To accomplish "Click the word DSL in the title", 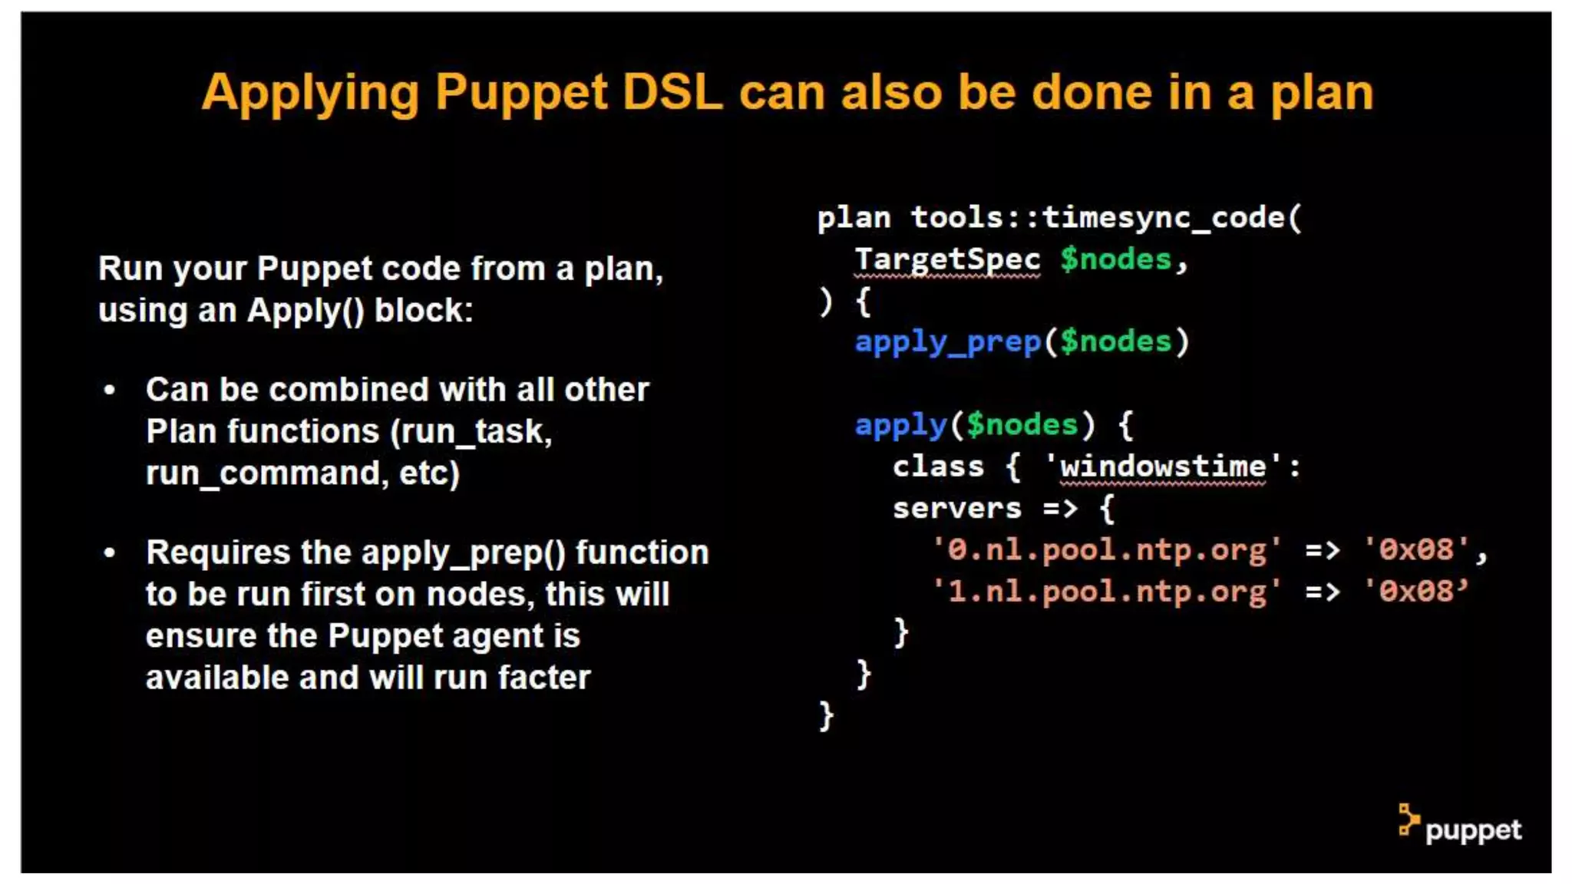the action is tap(672, 92).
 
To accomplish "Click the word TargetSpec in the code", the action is tap(947, 259).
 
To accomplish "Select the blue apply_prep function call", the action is tap(947, 341).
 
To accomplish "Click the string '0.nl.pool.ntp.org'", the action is tap(1106, 550).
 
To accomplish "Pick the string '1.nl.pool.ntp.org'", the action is tap(1106, 592).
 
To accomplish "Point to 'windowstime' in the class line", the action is tap(1162, 467).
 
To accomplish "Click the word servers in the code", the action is tap(956, 508).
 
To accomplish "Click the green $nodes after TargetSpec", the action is tap(1115, 259).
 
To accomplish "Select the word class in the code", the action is tap(938, 467).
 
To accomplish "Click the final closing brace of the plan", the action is tap(826, 716).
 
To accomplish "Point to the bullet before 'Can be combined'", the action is tap(110, 391).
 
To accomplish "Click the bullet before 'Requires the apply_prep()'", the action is tap(110, 552).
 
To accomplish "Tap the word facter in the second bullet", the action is tap(544, 678).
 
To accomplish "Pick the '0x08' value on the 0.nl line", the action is tap(1415, 550).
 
